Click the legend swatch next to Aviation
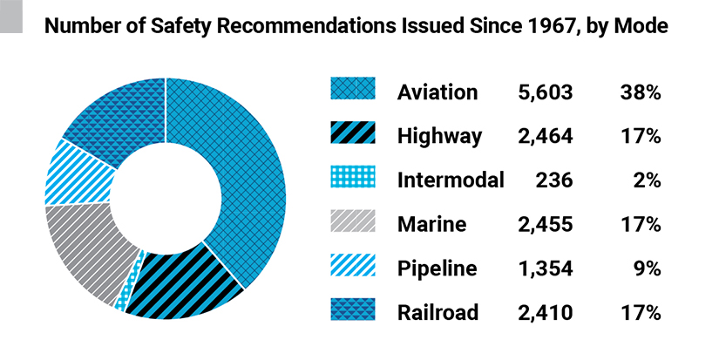point(353,91)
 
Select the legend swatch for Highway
point(353,135)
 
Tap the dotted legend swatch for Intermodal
point(353,180)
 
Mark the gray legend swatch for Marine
point(353,224)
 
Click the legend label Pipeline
point(437,268)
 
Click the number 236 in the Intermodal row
point(554,180)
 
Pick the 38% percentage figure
point(641,92)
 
